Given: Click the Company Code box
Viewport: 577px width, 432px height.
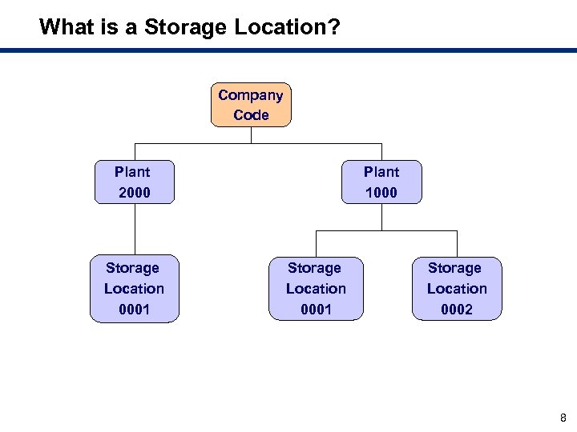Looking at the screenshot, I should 251,105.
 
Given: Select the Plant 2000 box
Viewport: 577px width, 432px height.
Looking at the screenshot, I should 134,182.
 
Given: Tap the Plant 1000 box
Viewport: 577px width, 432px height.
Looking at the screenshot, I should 381,182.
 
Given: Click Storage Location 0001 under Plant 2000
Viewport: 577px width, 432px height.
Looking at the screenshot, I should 134,289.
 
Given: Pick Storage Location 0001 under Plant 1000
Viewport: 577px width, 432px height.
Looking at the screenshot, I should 315,289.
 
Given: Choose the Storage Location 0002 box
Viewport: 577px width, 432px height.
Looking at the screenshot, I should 457,289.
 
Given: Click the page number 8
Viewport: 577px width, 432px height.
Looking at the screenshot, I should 563,418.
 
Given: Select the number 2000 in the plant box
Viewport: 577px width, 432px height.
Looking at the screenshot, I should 134,193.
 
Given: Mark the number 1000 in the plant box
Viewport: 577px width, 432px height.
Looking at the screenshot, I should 381,193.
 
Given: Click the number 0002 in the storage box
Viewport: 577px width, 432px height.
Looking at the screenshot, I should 457,310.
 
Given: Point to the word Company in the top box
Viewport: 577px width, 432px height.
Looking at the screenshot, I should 251,95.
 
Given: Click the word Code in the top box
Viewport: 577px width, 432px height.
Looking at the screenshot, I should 251,115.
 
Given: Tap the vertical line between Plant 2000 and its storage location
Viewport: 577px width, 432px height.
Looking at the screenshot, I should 135,230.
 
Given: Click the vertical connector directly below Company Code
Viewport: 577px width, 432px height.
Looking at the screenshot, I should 252,135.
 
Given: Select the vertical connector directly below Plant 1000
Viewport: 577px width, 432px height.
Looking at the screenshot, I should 381,217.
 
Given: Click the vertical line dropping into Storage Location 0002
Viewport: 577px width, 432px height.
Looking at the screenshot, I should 457,243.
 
